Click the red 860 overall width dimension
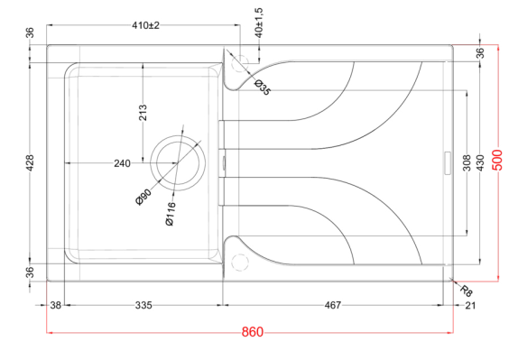pyautogui.click(x=253, y=332)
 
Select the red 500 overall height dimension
pyautogui.click(x=497, y=160)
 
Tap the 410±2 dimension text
pyautogui.click(x=145, y=25)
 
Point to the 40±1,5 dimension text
pyautogui.click(x=259, y=23)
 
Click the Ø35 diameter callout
pyautogui.click(x=263, y=88)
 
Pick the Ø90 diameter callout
pyautogui.click(x=143, y=197)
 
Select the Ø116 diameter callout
pyautogui.click(x=171, y=214)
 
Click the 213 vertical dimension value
pyautogui.click(x=143, y=113)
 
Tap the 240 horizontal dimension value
pyautogui.click(x=122, y=163)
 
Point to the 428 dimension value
pyautogui.click(x=30, y=163)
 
